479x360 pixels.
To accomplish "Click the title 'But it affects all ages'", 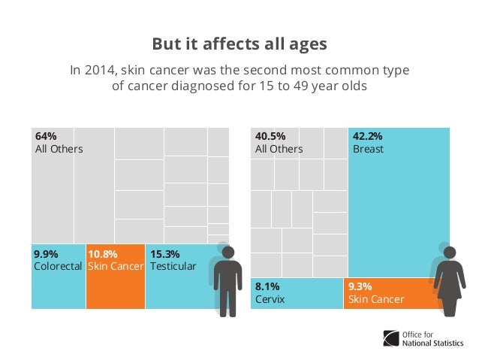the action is (x=239, y=44).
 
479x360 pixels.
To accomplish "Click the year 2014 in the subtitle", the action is (x=100, y=70).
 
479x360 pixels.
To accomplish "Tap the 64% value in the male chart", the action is (x=46, y=136).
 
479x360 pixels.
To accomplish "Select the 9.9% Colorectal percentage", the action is (x=46, y=254).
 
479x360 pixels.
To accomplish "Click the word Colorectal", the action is (x=58, y=266).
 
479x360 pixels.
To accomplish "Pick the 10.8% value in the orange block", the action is (x=103, y=254).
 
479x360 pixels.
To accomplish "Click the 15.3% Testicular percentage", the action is (x=165, y=254).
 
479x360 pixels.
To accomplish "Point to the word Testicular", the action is (x=173, y=266).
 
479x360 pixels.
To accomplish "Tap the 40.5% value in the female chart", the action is (x=270, y=136).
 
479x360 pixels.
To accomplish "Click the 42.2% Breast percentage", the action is (x=367, y=136).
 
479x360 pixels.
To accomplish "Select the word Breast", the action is (x=368, y=149).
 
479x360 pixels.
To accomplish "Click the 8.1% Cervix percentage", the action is (x=267, y=286).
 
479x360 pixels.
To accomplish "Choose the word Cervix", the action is (x=270, y=299).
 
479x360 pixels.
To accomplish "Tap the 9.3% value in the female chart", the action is (x=360, y=286).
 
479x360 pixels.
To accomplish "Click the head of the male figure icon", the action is (x=228, y=253).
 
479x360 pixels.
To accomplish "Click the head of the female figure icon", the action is (x=450, y=253).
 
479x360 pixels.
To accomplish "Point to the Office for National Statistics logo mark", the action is (x=391, y=338).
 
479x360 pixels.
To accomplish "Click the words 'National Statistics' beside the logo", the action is (x=433, y=343).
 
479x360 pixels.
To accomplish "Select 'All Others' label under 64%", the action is (x=59, y=149).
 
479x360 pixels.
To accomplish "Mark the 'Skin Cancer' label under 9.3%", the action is (x=376, y=299).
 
